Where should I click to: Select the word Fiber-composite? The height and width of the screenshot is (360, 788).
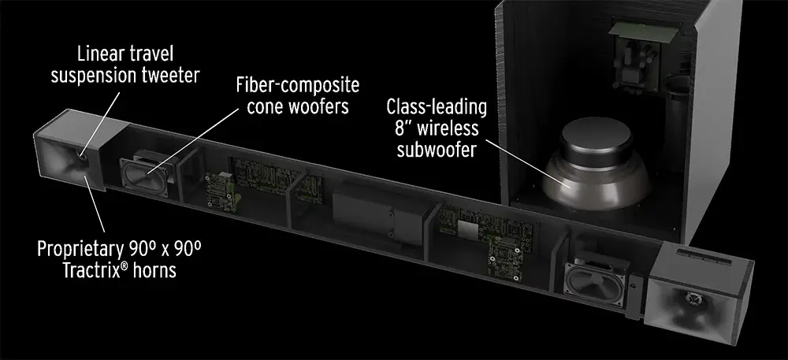click(298, 85)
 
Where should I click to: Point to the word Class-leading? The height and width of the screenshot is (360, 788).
click(437, 107)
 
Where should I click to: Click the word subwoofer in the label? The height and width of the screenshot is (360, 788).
click(437, 150)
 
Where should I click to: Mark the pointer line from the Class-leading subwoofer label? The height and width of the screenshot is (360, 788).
click(528, 163)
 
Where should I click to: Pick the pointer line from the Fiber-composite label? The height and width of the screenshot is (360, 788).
click(194, 140)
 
